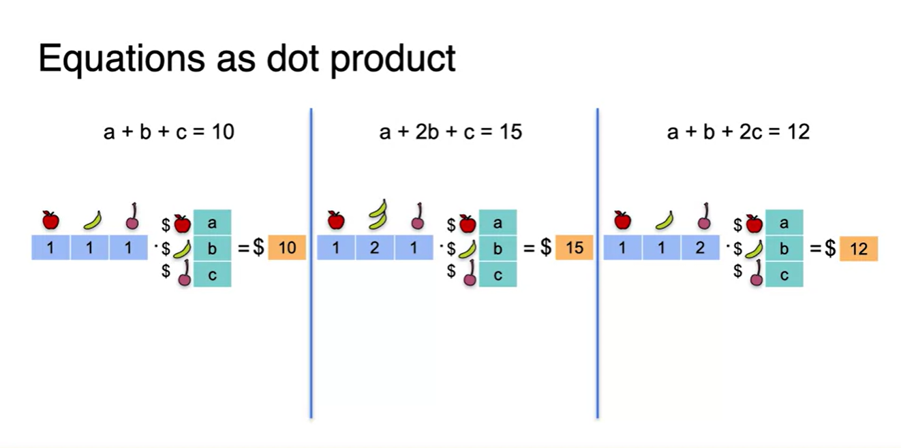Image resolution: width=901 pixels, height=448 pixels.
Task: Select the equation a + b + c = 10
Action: tap(168, 131)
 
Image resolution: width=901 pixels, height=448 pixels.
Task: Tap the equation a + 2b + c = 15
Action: tap(450, 131)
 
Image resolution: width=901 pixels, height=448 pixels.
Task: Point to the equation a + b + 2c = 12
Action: tap(738, 131)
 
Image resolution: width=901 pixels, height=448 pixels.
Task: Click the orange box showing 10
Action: tap(287, 248)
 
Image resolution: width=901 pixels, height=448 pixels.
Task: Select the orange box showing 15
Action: tap(574, 248)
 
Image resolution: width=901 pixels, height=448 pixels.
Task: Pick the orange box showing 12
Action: tap(859, 249)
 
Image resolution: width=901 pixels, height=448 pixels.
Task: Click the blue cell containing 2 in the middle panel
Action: tap(375, 248)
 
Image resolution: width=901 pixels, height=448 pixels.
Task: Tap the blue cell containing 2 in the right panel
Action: tap(700, 248)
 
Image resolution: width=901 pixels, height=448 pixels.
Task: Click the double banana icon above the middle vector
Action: tap(377, 214)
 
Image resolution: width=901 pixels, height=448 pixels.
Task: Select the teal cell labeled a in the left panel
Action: tap(212, 222)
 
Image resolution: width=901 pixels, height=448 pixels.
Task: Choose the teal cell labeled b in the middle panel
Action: tap(498, 248)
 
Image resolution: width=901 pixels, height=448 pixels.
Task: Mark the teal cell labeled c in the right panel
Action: tap(784, 274)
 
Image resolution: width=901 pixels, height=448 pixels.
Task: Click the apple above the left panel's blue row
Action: tap(50, 220)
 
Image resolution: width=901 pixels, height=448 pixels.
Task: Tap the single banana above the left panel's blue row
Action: tap(93, 220)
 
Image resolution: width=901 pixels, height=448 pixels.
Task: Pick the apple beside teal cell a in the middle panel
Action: tap(467, 223)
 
